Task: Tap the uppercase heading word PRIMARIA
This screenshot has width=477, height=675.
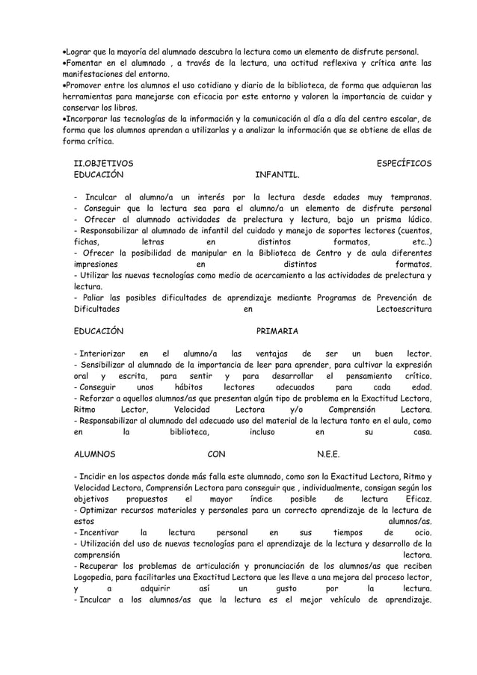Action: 277,330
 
